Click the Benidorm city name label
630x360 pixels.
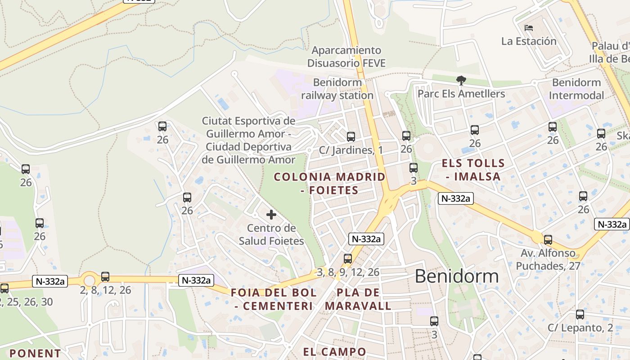tap(456, 276)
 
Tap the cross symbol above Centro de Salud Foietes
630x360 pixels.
tap(271, 215)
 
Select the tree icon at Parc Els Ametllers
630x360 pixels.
tap(461, 81)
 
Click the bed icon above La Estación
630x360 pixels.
tap(529, 28)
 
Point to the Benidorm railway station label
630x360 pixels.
tap(337, 89)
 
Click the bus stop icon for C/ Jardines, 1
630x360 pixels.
tap(351, 136)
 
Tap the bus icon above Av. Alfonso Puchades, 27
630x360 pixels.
tap(548, 240)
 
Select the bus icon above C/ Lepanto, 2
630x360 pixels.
tap(580, 315)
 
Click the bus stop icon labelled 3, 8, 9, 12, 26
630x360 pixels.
tap(347, 259)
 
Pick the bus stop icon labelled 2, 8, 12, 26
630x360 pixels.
tap(105, 277)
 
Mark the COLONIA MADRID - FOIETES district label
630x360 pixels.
tap(330, 183)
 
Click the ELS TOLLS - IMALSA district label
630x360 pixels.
tap(473, 170)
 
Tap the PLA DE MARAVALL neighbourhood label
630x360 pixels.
tap(358, 299)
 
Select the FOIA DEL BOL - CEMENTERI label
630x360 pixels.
tap(274, 299)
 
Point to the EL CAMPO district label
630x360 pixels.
tap(334, 351)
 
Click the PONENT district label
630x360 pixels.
tap(35, 353)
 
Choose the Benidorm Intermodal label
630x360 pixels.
tap(576, 89)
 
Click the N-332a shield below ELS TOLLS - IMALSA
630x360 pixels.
tap(456, 198)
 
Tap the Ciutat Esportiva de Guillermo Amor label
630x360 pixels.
tap(248, 140)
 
